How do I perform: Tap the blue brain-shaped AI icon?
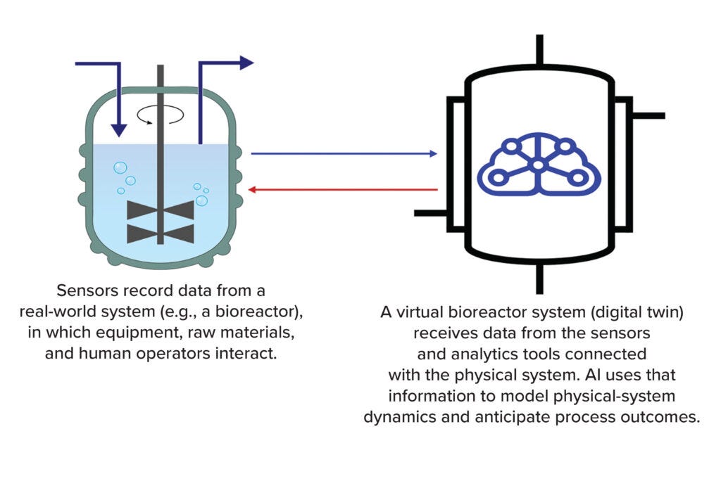[x=539, y=165]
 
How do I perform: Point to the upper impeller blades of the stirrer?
[x=161, y=210]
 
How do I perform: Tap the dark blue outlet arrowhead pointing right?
[x=246, y=63]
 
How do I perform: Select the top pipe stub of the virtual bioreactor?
[x=539, y=49]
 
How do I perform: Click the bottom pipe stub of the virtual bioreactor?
[x=539, y=278]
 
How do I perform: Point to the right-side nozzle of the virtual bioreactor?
[x=648, y=115]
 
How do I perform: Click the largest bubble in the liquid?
[x=120, y=168]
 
